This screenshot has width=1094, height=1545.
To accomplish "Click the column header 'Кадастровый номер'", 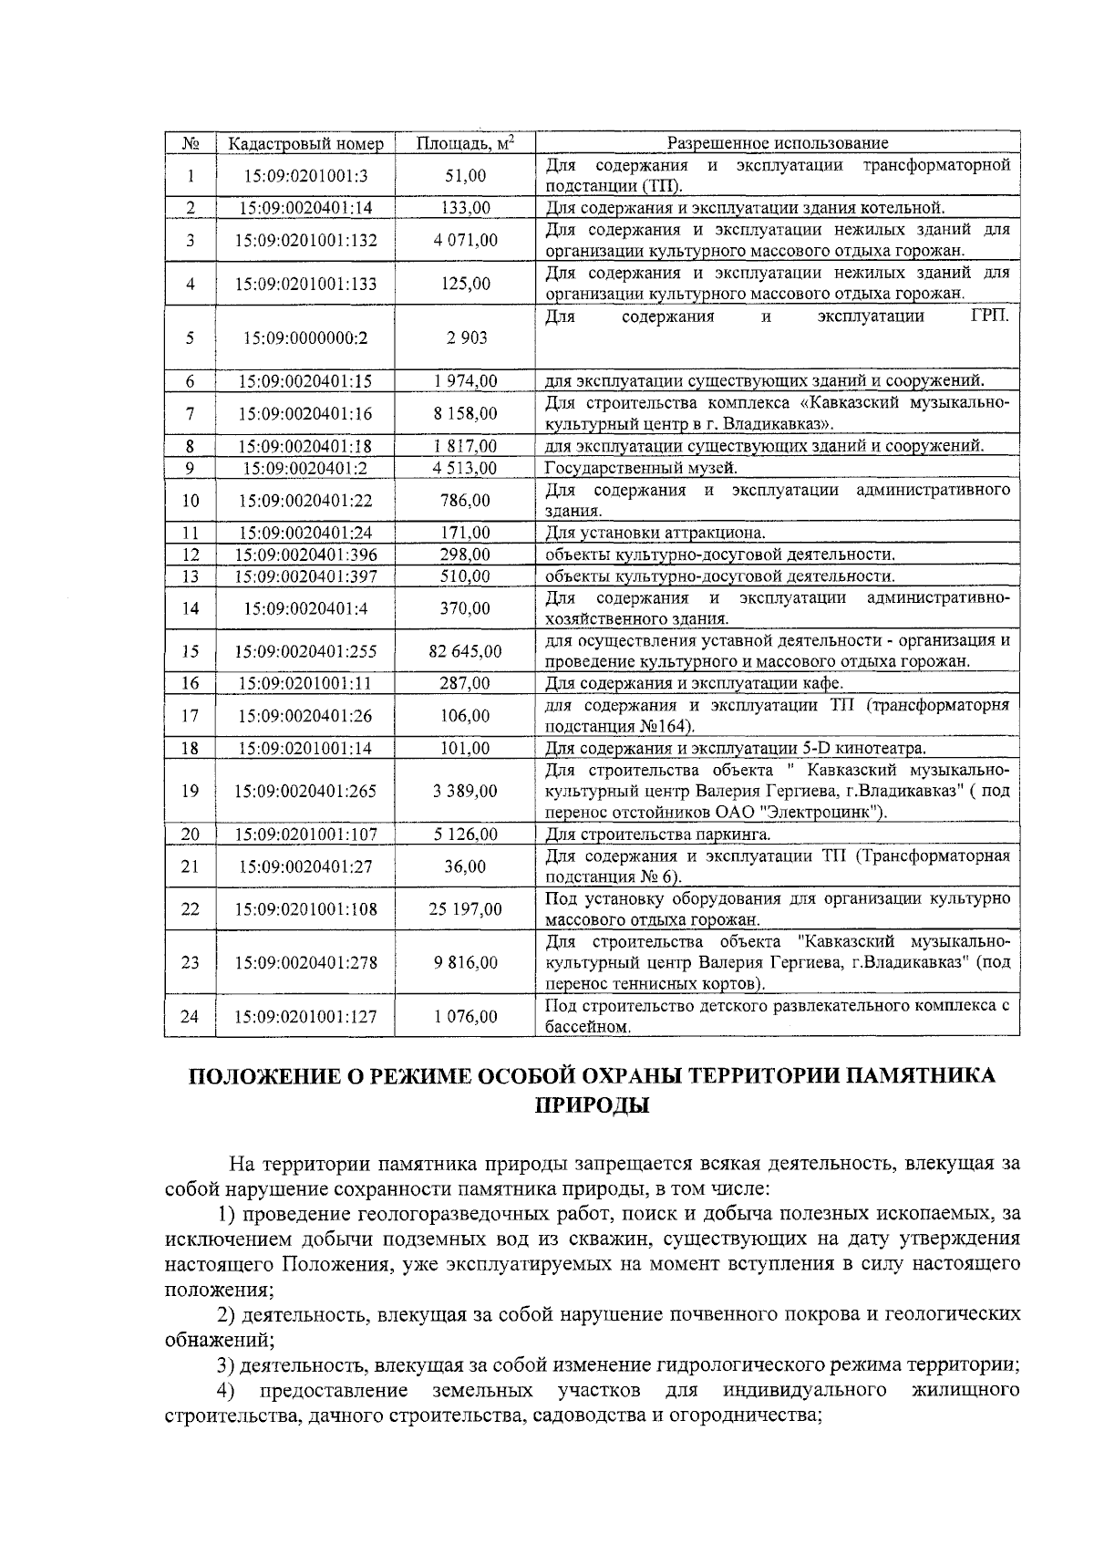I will point(305,144).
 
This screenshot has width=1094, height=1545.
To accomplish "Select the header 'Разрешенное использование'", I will point(777,143).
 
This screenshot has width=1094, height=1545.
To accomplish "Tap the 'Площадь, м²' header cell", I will point(465,143).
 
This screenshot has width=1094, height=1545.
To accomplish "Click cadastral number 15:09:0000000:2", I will point(305,337).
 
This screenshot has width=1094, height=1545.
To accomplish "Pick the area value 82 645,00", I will point(465,651).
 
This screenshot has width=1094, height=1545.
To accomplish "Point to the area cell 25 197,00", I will point(465,909).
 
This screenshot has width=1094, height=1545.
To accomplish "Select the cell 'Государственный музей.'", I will point(641,468).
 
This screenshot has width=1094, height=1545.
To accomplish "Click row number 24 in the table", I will point(190,1016).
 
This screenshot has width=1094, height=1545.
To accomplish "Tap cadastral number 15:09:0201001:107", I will point(305,834).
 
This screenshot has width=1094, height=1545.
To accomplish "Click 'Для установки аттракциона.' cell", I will point(655,533).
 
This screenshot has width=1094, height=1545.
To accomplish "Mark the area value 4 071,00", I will point(465,241).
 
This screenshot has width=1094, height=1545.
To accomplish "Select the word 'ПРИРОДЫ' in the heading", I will point(591,1105).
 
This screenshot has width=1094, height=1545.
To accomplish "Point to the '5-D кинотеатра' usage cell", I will point(736,749).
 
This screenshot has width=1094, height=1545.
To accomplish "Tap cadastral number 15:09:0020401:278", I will point(305,962).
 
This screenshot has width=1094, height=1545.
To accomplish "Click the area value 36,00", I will point(465,866).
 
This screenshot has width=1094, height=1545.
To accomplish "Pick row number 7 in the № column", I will point(190,413).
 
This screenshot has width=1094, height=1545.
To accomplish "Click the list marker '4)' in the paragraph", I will point(225,1391).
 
